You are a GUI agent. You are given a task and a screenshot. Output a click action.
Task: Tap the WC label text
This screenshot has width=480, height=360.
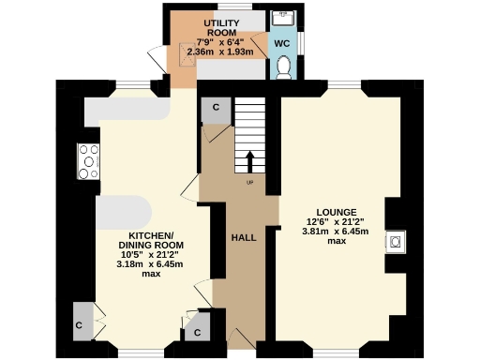coord(282,43)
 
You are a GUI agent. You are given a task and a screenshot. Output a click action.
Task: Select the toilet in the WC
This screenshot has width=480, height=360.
coord(283,67)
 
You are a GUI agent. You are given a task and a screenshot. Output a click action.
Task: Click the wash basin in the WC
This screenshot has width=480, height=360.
coord(282,18)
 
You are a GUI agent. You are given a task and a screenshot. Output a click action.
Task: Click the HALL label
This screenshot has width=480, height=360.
coord(244,237)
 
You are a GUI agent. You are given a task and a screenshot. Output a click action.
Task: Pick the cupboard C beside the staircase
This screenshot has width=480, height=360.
coord(216,109)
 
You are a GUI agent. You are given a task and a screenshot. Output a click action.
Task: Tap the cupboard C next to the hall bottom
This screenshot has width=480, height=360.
coord(198,332)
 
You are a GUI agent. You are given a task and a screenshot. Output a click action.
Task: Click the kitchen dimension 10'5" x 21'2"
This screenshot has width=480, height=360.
coord(151,253)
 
